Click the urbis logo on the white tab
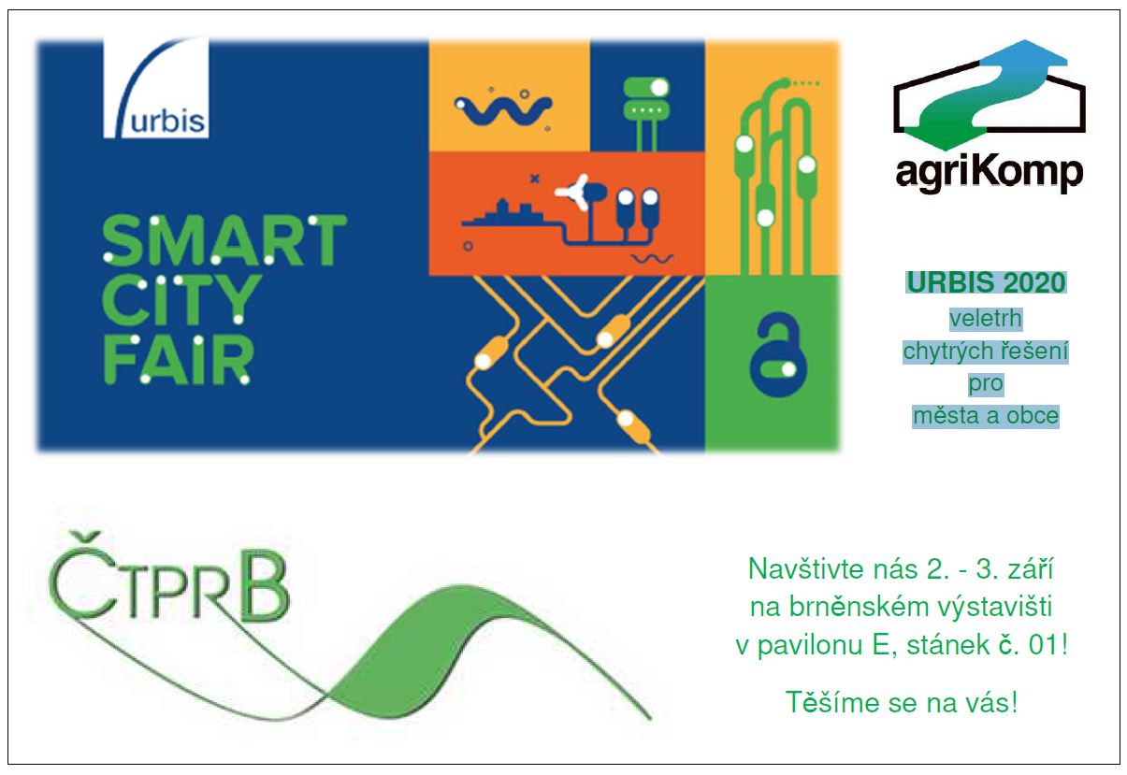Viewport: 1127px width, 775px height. click(156, 88)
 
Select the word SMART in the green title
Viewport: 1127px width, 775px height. click(224, 240)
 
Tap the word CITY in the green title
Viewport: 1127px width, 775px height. click(182, 300)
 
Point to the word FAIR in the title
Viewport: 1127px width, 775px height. click(178, 359)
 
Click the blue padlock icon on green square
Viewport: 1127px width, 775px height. click(778, 354)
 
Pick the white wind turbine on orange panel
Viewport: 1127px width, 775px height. click(573, 192)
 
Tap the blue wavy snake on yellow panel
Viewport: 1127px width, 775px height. click(503, 109)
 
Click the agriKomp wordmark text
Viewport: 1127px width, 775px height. click(990, 174)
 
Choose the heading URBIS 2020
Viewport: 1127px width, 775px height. click(986, 282)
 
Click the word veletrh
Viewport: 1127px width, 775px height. click(986, 319)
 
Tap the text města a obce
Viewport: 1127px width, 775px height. click(986, 416)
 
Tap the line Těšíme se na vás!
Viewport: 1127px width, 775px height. click(901, 702)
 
